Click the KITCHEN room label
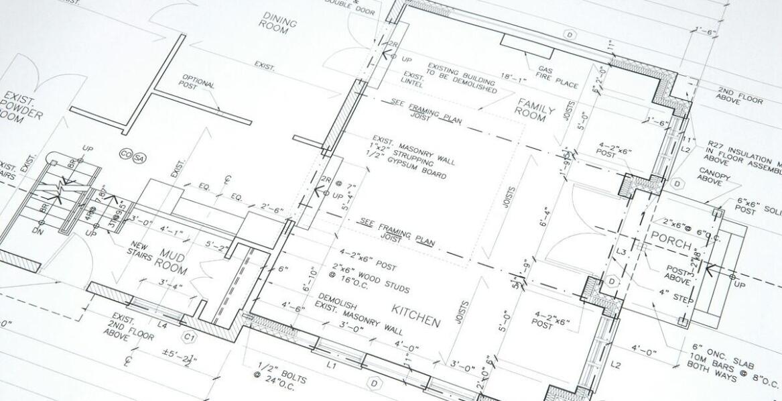416,315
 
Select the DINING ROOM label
278,23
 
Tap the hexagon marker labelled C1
190,337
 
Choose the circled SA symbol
139,158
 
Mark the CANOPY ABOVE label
712,176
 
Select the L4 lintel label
161,325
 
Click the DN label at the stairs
36,230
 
